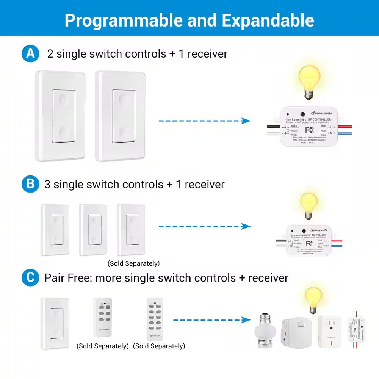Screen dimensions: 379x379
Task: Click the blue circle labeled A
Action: pyautogui.click(x=30, y=53)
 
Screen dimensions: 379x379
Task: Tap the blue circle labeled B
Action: pyautogui.click(x=30, y=184)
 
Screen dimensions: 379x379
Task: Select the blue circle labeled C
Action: pyautogui.click(x=30, y=278)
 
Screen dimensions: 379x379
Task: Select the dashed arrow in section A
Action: pyautogui.click(x=205, y=121)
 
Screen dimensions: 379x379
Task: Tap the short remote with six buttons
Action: pyautogui.click(x=103, y=317)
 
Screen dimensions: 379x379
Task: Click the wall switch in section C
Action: pyautogui.click(x=55, y=323)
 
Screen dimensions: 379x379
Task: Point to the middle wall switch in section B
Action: pyautogui.click(x=93, y=230)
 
